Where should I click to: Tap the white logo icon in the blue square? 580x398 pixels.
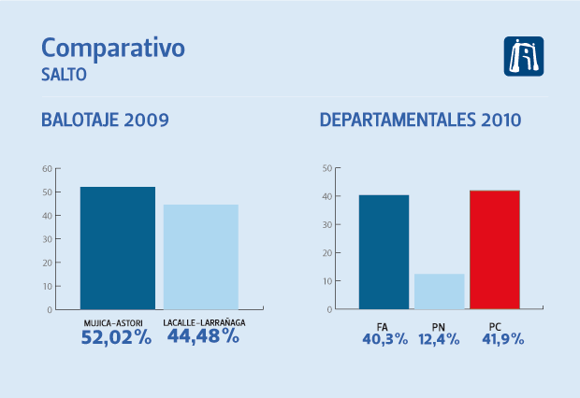(524, 57)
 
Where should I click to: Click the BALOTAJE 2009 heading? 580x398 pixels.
(105, 121)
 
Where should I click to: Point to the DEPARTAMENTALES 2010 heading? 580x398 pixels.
(421, 121)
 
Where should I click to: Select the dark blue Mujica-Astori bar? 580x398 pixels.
(117, 248)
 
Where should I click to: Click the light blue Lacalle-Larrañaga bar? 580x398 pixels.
(201, 256)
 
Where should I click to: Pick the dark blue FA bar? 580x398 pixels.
(384, 251)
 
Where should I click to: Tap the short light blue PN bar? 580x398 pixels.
(439, 291)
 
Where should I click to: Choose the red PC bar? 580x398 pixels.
(494, 249)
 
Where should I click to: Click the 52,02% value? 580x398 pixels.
(117, 337)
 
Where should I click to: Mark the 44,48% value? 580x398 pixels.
(204, 337)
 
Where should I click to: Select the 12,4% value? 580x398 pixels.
(438, 339)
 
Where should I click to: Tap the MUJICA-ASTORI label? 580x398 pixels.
(117, 323)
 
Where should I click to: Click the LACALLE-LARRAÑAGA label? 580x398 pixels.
(202, 323)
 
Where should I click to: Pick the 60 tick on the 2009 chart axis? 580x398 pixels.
(47, 169)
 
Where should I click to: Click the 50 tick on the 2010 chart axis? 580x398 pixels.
(326, 169)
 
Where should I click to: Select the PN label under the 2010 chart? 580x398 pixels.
(440, 326)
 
